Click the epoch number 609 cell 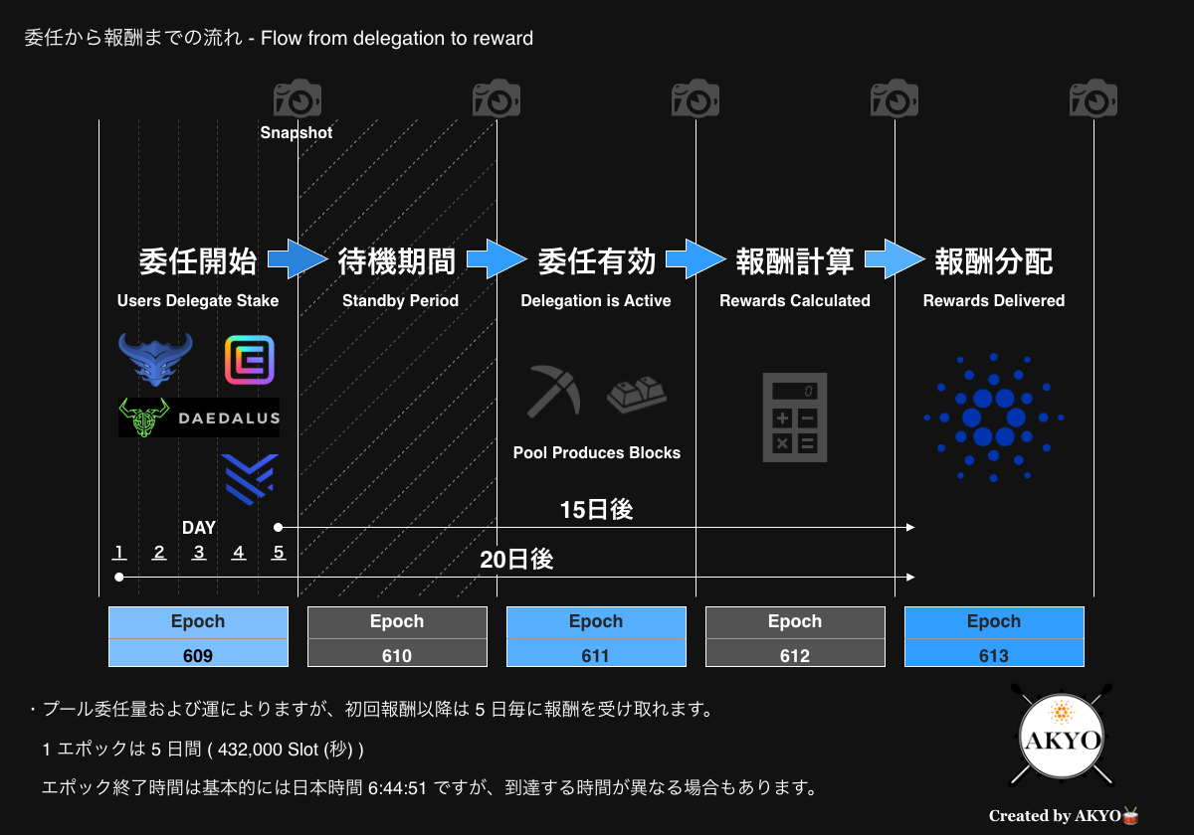tap(198, 655)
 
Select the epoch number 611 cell tap(596, 655)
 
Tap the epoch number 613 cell tap(994, 655)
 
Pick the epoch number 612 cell tap(795, 655)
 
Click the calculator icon tap(795, 417)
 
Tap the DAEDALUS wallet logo tap(199, 417)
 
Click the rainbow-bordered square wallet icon tap(249, 360)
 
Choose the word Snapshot tap(297, 132)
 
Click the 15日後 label tap(596, 510)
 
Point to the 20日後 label tap(516, 560)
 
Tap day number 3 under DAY tap(199, 553)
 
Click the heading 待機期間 tap(397, 261)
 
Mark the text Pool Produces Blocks tap(597, 453)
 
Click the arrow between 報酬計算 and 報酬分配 tap(895, 260)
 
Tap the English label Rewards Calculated tap(795, 301)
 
